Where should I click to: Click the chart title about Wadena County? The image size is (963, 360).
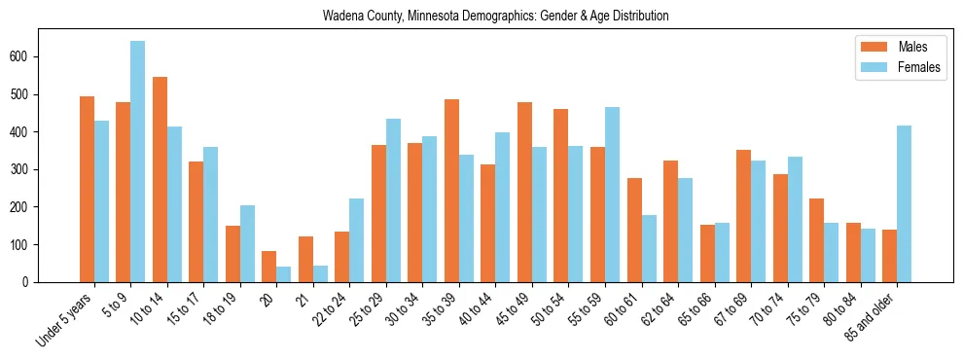496,17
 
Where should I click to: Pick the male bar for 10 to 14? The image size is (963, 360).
160,179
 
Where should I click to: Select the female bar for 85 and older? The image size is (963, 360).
905,203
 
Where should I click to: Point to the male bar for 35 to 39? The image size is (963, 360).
451,191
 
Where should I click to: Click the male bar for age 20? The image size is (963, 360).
268,267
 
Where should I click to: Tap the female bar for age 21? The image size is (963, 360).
320,273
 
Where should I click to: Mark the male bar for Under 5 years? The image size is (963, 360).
87,189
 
